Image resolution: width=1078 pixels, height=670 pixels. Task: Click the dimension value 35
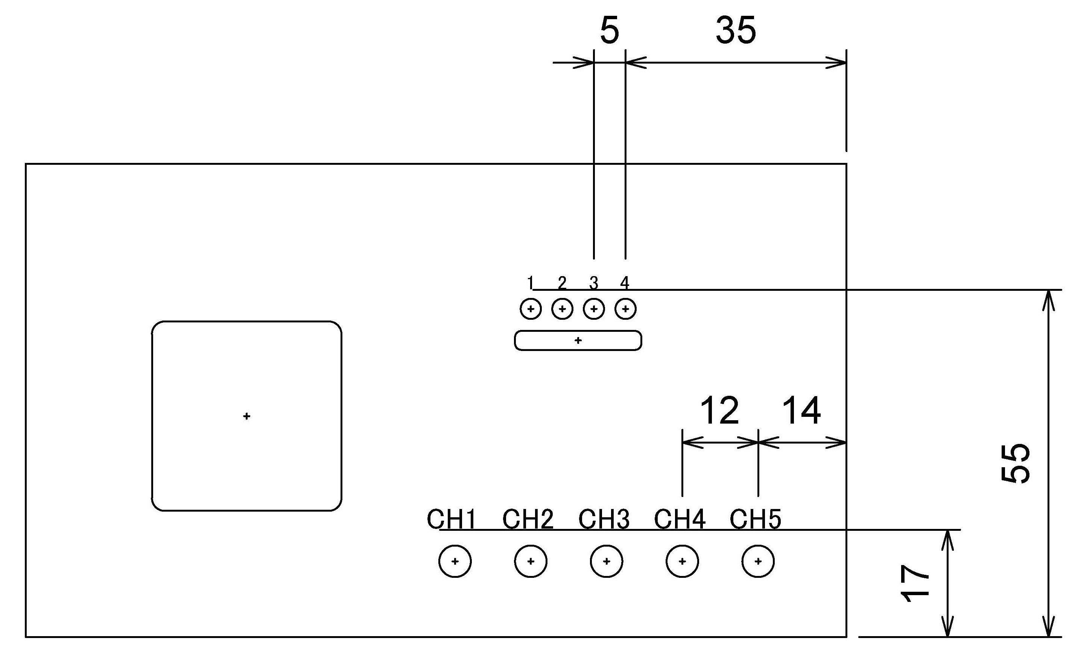(x=736, y=30)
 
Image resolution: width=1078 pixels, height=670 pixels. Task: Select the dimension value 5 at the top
(x=609, y=30)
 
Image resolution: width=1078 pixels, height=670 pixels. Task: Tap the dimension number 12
(x=719, y=411)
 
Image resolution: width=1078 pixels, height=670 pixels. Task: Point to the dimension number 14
(x=801, y=411)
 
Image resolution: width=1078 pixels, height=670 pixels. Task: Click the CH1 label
(x=452, y=520)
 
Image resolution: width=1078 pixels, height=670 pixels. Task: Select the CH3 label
(x=604, y=520)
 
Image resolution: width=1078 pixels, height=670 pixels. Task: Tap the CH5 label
(x=755, y=520)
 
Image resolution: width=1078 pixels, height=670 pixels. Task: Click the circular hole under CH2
(x=531, y=561)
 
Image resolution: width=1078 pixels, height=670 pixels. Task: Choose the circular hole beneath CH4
(x=682, y=561)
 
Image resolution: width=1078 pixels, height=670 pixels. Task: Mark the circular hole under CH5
(x=758, y=561)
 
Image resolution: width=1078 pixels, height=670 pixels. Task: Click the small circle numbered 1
(x=531, y=309)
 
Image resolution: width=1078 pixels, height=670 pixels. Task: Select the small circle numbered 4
(x=626, y=309)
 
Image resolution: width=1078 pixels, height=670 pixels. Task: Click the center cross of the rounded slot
(x=578, y=340)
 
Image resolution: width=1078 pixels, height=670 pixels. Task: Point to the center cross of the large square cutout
(x=247, y=416)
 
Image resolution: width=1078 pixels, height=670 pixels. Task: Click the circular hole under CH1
(x=455, y=561)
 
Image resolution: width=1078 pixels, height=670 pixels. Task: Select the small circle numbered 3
(x=594, y=309)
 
